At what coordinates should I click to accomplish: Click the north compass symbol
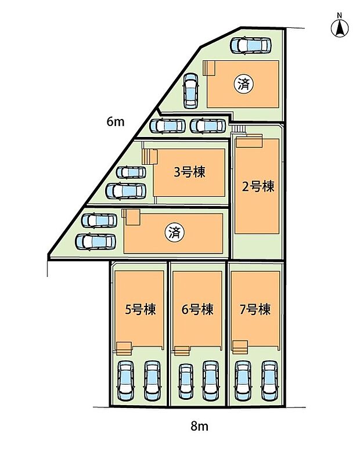[340, 26]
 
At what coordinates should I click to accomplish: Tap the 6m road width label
[116, 122]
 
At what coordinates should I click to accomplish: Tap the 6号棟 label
[197, 309]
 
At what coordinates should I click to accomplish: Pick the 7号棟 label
[255, 309]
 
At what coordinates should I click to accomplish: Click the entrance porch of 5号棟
[124, 347]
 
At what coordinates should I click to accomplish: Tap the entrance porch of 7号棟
[240, 347]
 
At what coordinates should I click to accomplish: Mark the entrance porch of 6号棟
[182, 350]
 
